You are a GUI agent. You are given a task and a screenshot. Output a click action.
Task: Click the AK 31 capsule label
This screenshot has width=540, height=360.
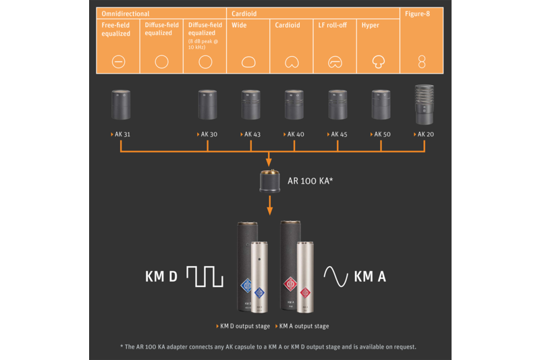pos(122,134)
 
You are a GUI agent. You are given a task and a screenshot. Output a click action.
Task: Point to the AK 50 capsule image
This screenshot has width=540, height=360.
pos(381,105)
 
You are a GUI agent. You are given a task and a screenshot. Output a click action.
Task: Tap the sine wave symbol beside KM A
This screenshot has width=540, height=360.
pos(335,276)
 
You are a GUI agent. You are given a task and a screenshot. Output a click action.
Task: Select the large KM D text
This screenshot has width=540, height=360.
pos(161,276)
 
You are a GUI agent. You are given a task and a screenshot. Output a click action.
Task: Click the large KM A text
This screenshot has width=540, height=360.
pos(370,276)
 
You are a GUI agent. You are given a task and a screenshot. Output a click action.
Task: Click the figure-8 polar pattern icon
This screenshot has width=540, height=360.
pos(422,62)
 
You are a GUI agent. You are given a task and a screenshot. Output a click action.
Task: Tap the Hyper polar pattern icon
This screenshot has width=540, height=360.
pos(378,62)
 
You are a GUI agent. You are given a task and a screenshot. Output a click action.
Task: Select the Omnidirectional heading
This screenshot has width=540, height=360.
pos(125,14)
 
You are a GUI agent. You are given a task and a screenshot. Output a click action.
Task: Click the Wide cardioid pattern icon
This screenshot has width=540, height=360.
pos(248,62)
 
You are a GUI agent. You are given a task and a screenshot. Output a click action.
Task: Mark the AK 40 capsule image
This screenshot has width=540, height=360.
pos(294,105)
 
